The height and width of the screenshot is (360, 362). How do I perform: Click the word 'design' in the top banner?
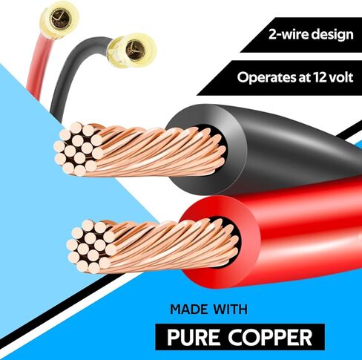(332, 34)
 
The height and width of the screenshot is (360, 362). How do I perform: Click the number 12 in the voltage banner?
(320, 77)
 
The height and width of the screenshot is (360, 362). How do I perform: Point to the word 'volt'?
(341, 77)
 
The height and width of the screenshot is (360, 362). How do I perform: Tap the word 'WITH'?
(231, 310)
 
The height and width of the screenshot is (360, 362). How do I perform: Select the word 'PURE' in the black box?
(194, 337)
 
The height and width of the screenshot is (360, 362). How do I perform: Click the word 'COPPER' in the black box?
(270, 337)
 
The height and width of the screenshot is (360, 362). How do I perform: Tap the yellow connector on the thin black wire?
(132, 50)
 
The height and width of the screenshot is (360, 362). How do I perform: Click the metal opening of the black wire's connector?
(136, 50)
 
